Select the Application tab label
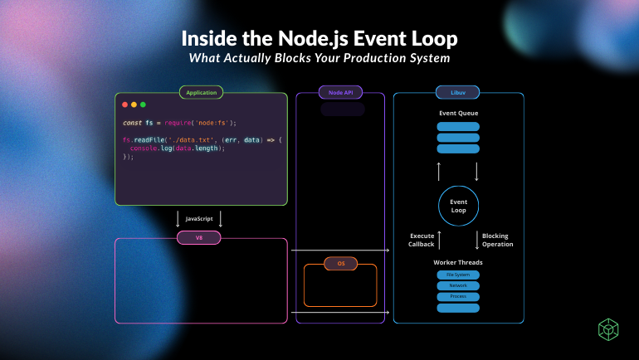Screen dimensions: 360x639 [x=201, y=93]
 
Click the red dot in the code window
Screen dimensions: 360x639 [x=125, y=105]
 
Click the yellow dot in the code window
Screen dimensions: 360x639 [x=134, y=105]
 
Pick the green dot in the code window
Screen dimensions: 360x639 [x=143, y=105]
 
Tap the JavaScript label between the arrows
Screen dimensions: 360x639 [x=200, y=219]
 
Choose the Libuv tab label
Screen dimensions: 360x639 [x=458, y=93]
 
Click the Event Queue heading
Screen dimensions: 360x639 [x=458, y=113]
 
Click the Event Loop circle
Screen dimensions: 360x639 [x=458, y=206]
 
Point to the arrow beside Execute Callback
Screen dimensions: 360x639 [x=439, y=240]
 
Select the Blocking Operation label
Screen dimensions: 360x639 [x=497, y=240]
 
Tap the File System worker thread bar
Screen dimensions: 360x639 [x=458, y=274]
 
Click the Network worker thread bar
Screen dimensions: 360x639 [x=458, y=285]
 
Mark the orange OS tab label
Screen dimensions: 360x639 [x=341, y=264]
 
